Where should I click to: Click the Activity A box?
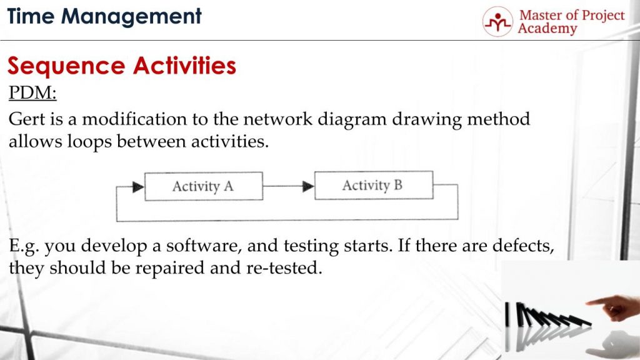[204, 186]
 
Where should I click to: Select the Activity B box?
[374, 185]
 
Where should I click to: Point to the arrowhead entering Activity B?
[308, 186]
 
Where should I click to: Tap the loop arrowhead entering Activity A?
[138, 187]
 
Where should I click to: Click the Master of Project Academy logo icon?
[497, 22]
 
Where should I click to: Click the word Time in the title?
[31, 16]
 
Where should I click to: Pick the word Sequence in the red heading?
[66, 66]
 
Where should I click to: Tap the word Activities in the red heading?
[184, 65]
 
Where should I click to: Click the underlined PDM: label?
[32, 93]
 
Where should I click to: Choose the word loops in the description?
[89, 142]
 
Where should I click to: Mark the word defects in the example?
[523, 246]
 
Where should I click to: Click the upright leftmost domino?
[507, 314]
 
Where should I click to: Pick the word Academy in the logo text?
[547, 29]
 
